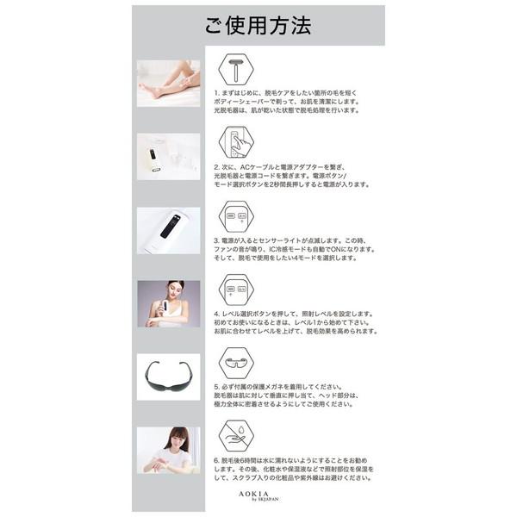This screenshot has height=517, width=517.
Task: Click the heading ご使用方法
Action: coord(258,26)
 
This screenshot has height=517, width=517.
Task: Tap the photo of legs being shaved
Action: coord(168,81)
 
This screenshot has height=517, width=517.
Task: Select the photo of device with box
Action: coord(168,155)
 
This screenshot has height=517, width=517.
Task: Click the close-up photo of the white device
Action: coord(168,229)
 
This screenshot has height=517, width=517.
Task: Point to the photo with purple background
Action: coord(168,302)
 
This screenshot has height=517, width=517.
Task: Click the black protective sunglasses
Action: coord(168,377)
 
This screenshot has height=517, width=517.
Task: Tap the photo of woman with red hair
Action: coord(168,450)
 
